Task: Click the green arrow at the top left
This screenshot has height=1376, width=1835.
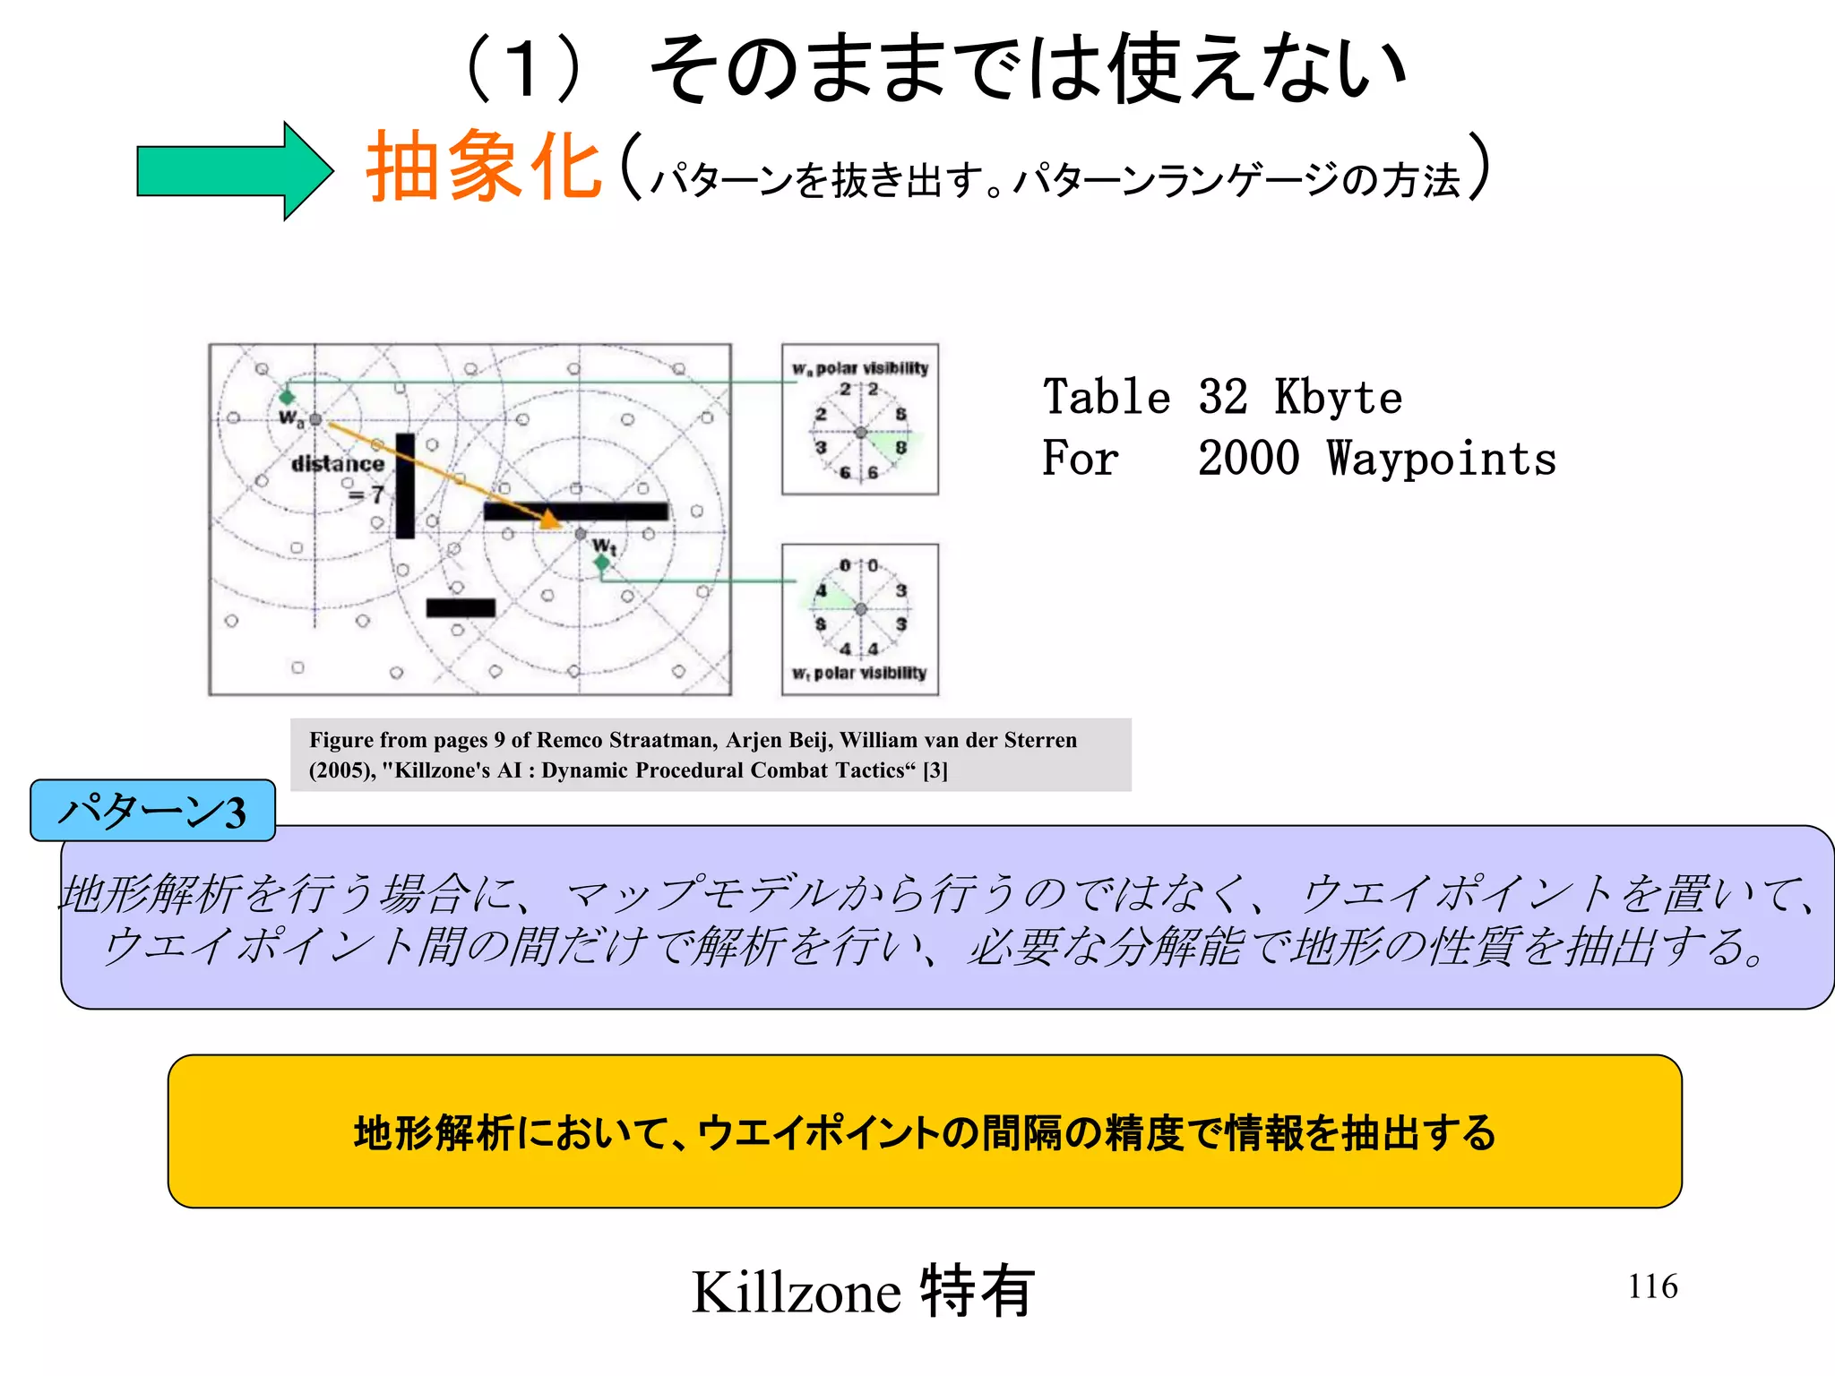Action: click(x=233, y=170)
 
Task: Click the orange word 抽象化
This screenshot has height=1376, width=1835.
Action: click(x=484, y=167)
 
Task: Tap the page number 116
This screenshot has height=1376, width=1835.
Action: click(x=1652, y=1286)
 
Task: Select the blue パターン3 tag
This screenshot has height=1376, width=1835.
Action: click(x=152, y=811)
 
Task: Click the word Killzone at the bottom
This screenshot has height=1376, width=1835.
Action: click(x=796, y=1292)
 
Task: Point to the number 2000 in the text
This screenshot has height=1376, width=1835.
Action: click(x=1248, y=459)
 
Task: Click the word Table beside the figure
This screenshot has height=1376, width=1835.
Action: click(x=1107, y=397)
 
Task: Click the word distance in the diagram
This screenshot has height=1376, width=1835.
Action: click(x=338, y=463)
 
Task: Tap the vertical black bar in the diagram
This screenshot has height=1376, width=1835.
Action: click(x=405, y=486)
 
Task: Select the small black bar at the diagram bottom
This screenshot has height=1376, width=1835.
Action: click(x=461, y=608)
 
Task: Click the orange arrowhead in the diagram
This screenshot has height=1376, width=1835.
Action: click(x=548, y=519)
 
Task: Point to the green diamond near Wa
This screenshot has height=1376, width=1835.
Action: click(x=287, y=396)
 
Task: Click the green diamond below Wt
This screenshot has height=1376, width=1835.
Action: click(x=602, y=563)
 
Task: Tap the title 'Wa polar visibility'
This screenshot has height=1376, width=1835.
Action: click(x=860, y=368)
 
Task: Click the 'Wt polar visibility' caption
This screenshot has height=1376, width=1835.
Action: click(x=859, y=673)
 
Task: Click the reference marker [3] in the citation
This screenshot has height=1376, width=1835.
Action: click(x=935, y=770)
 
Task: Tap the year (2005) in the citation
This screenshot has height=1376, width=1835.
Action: click(x=341, y=770)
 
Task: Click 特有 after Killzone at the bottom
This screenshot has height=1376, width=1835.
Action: click(x=977, y=1292)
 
